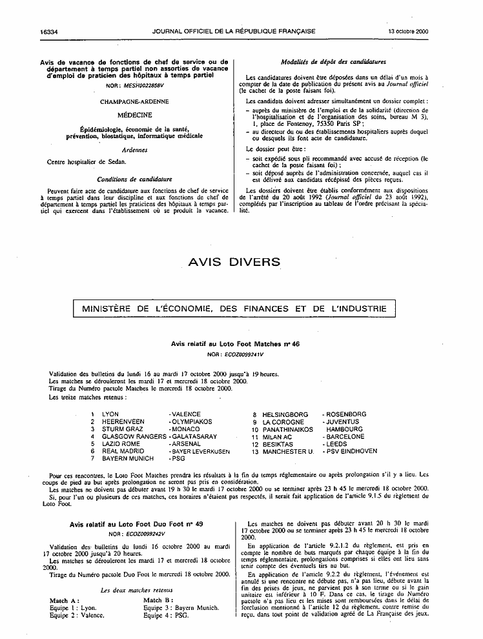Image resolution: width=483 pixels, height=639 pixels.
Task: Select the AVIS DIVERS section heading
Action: [x=234, y=262]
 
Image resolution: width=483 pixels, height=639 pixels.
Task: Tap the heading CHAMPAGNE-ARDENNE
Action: [x=134, y=101]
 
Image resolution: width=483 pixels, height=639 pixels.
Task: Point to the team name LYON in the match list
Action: [x=110, y=414]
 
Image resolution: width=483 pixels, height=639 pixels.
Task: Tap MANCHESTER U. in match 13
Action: [x=288, y=451]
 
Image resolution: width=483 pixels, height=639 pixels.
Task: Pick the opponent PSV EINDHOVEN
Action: [x=354, y=451]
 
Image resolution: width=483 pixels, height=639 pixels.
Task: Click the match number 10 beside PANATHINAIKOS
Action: [x=255, y=429]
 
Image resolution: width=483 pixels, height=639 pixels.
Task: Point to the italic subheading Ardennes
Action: [x=134, y=150]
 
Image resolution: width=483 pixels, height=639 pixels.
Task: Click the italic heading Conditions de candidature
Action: [x=134, y=179]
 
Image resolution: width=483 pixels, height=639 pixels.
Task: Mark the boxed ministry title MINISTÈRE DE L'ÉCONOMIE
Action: [x=234, y=309]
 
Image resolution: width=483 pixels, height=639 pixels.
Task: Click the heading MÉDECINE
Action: [x=134, y=115]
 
